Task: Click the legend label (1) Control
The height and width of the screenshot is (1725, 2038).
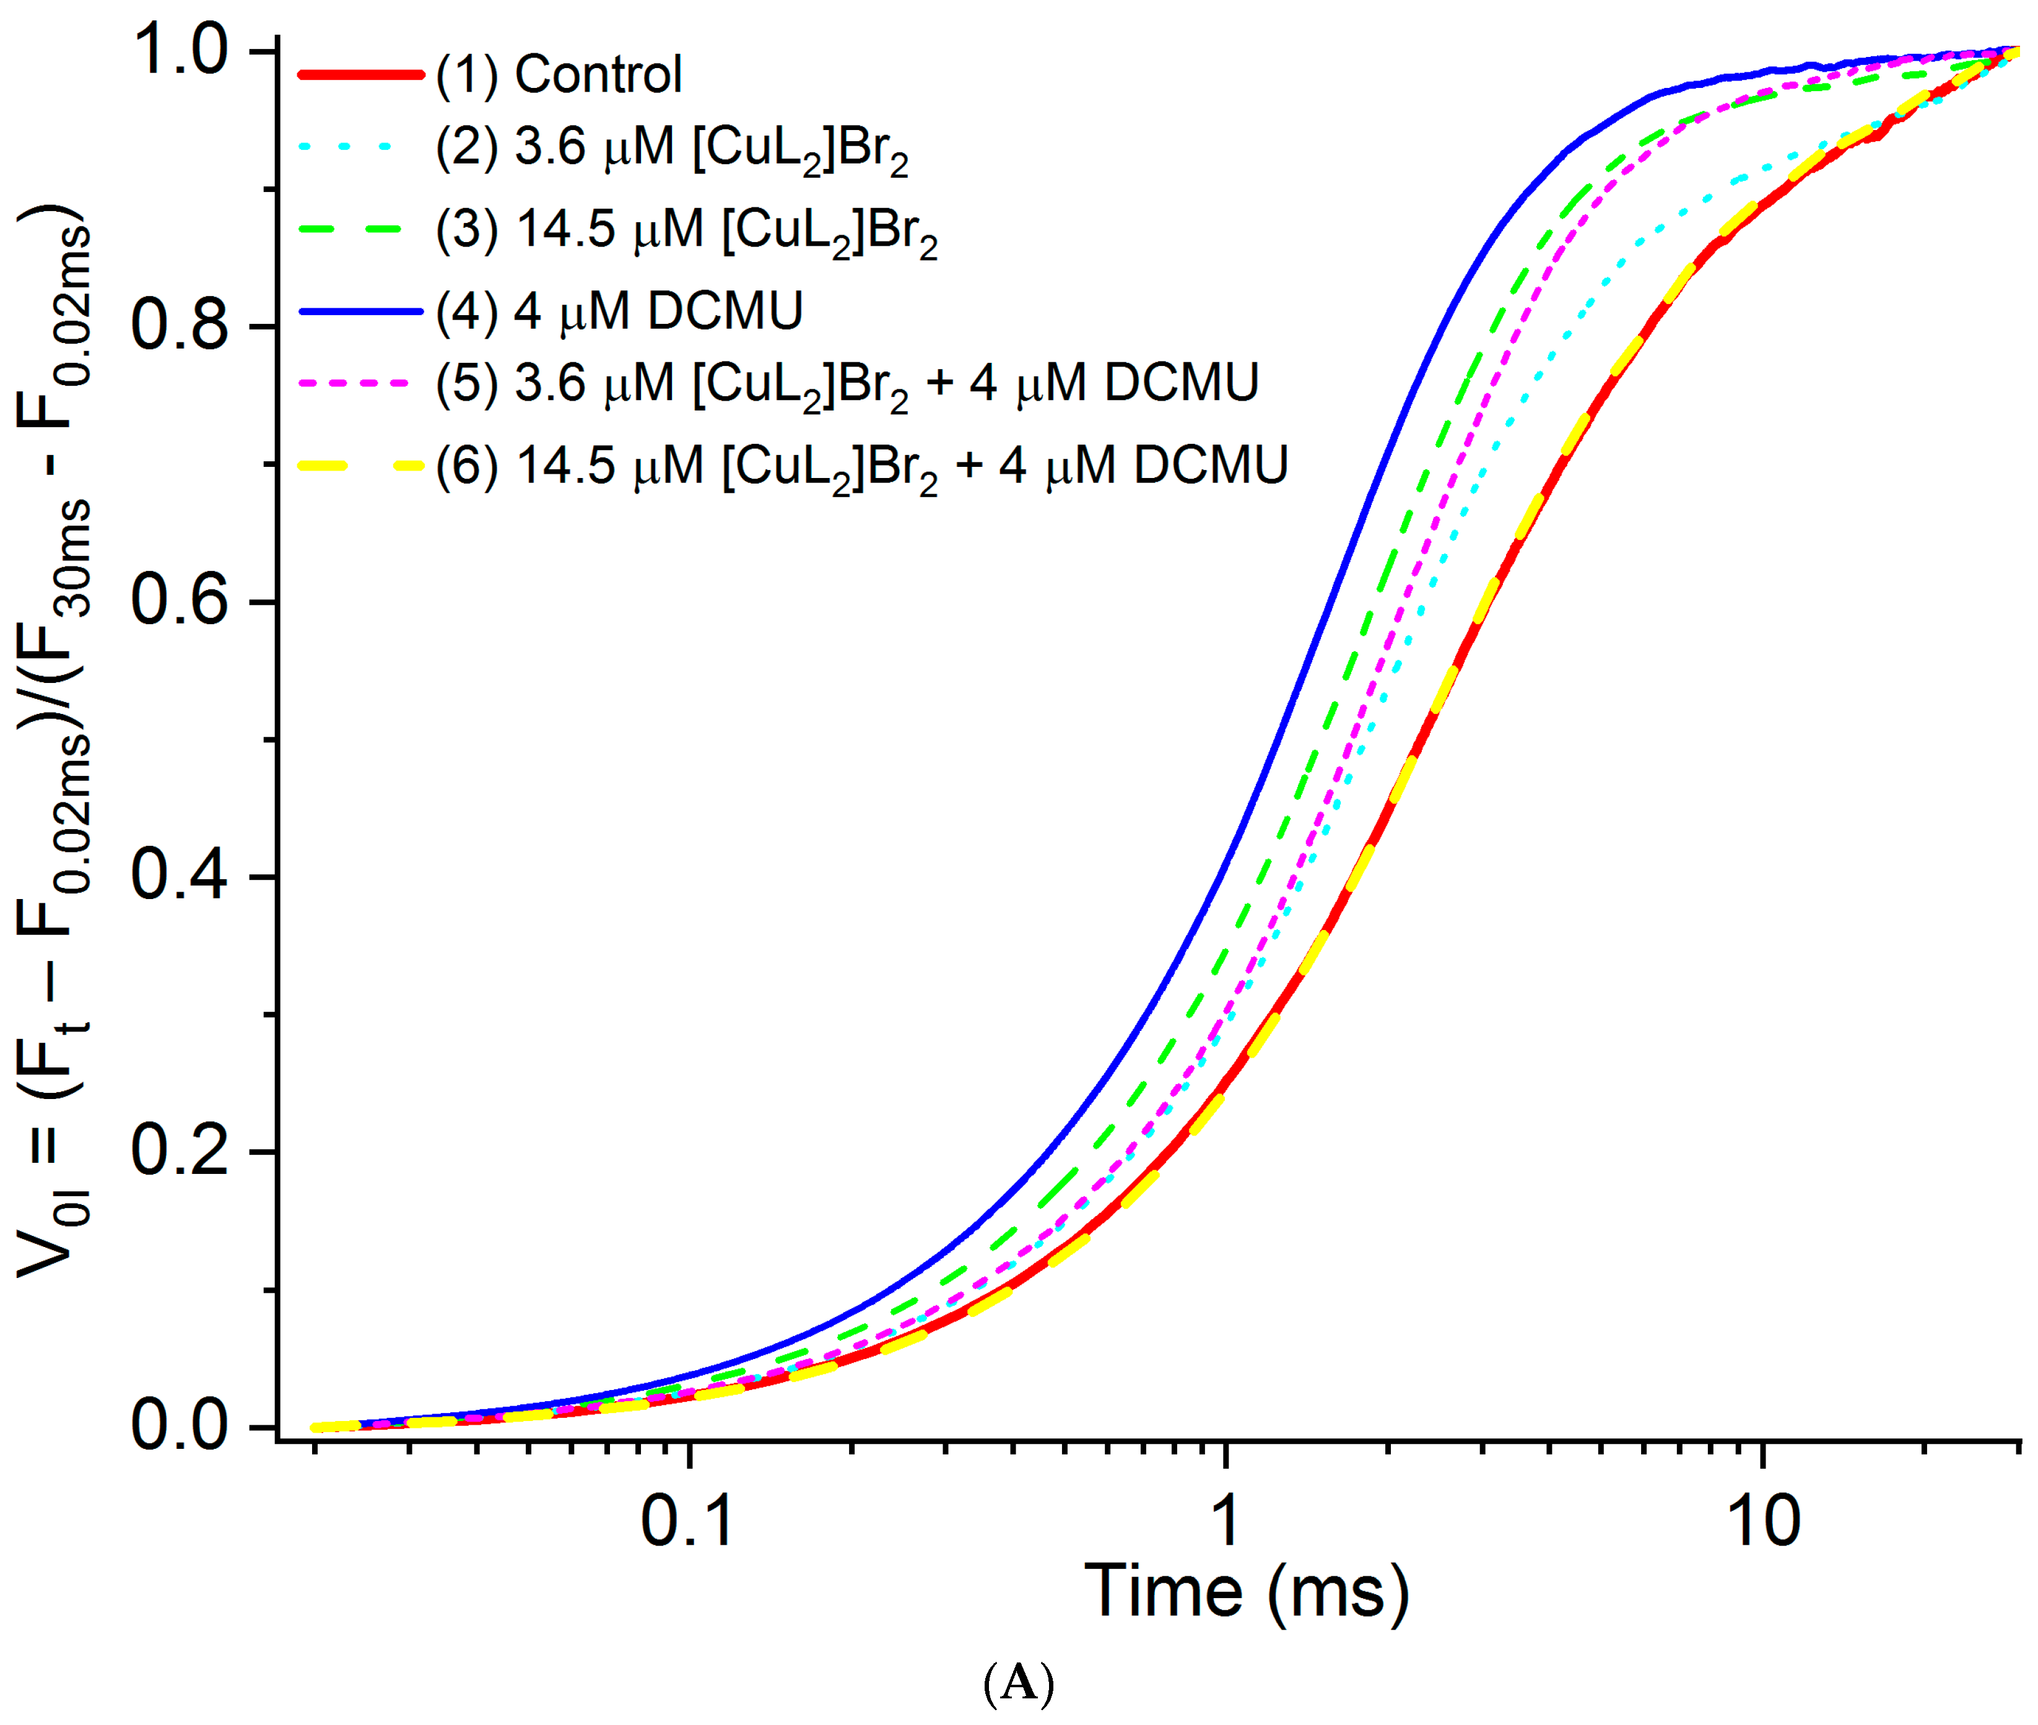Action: click(559, 74)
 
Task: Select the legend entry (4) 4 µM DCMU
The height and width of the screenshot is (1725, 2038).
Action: click(619, 311)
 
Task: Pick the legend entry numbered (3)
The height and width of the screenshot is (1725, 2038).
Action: click(687, 231)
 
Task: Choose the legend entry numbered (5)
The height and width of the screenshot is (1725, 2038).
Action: click(847, 383)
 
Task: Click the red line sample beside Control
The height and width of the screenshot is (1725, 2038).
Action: click(360, 74)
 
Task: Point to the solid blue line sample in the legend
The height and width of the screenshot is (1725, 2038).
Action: click(360, 311)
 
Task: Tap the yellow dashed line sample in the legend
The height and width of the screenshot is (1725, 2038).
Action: click(360, 466)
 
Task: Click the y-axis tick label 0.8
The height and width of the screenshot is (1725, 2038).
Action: click(180, 326)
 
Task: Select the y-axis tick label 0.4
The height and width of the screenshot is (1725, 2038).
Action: click(180, 876)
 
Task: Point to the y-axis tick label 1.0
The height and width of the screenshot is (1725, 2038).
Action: click(180, 51)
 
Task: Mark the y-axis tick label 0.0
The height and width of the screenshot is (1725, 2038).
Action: click(180, 1426)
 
